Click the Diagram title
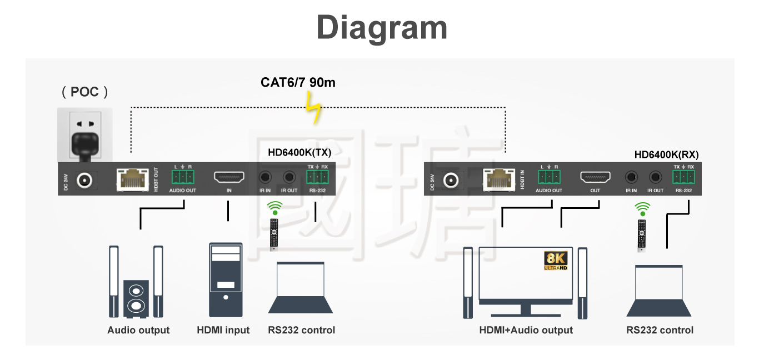pos(382,27)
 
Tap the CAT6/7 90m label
pos(298,83)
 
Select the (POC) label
pos(85,92)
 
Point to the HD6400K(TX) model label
pos(299,152)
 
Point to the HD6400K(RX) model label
pos(666,155)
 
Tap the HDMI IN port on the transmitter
pos(229,178)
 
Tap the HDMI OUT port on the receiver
pos(595,178)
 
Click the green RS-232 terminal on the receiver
pos(683,177)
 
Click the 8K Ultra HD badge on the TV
pos(555,261)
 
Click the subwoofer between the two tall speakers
pos(136,298)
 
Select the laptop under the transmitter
pos(301,287)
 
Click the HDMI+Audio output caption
pos(526,330)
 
